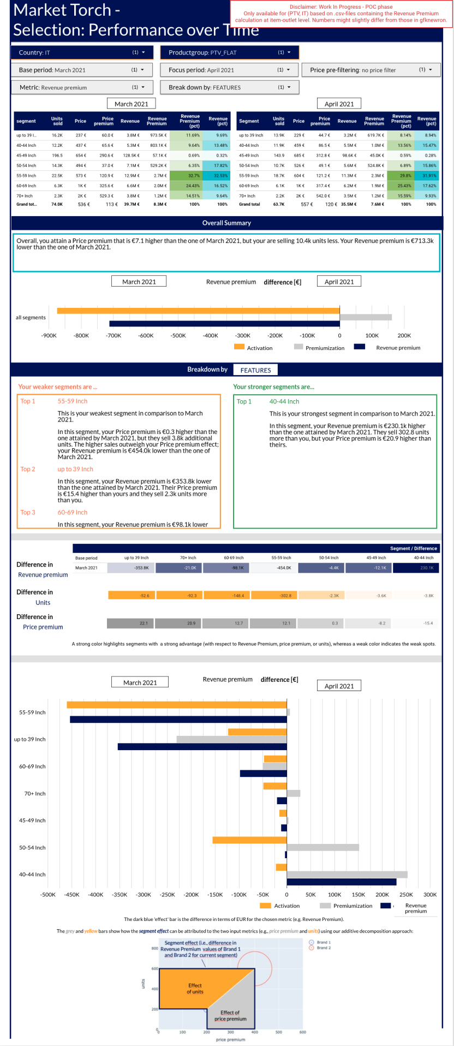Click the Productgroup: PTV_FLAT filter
tap(230, 52)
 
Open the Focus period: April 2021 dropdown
tap(230, 70)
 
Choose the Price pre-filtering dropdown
tap(371, 70)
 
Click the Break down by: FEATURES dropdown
tap(230, 87)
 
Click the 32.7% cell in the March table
tap(186, 176)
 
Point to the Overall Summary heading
tap(226, 223)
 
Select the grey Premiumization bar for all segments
tap(366, 317)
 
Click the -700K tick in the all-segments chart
tap(113, 336)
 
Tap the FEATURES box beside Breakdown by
tap(255, 370)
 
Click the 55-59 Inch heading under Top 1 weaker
tap(73, 401)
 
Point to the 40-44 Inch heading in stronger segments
tap(284, 401)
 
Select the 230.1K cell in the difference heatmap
tap(416, 568)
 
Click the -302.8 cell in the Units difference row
tap(274, 596)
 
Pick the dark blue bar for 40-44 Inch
tap(342, 882)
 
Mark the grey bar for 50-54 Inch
tap(322, 847)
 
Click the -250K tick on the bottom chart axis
tap(168, 895)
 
